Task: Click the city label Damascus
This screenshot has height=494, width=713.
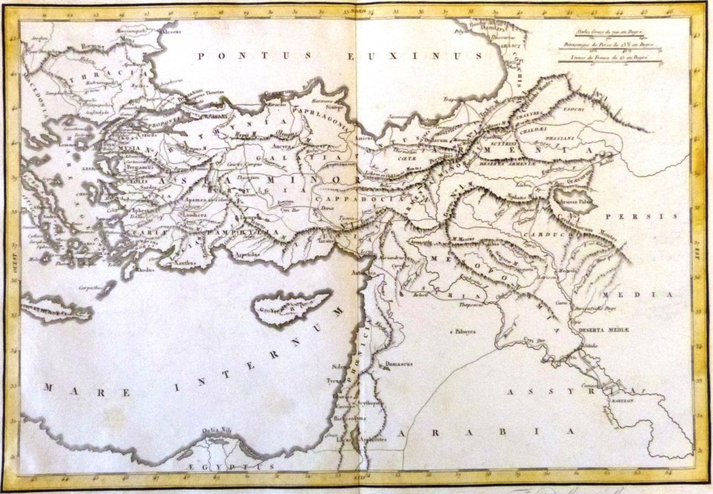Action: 399,364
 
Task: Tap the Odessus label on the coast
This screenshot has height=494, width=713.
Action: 170,30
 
